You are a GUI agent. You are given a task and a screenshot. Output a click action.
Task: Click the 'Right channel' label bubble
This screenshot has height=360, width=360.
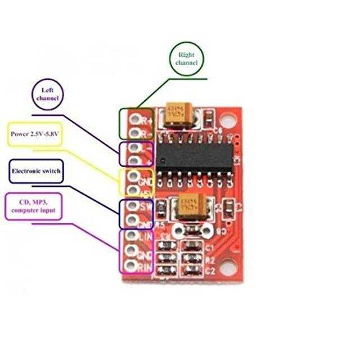click(x=187, y=58)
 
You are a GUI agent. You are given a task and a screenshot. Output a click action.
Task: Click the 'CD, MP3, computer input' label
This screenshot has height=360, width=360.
click(x=36, y=206)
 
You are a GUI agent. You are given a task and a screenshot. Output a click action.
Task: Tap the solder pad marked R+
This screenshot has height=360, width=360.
click(x=134, y=119)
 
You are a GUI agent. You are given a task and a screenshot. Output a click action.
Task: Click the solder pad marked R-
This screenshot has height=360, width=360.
click(x=134, y=133)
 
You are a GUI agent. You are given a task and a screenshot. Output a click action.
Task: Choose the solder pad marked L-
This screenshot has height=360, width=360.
click(x=134, y=147)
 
